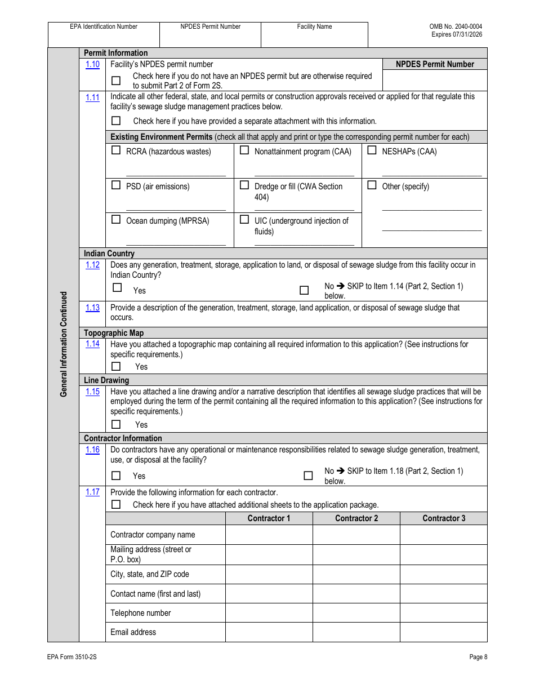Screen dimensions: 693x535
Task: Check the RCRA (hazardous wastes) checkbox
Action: [116, 150]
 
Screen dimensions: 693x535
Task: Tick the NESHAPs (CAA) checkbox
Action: [372, 150]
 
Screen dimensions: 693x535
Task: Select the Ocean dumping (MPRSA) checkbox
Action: [116, 220]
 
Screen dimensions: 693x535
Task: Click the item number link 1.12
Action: [92, 265]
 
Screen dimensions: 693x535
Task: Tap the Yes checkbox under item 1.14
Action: [116, 366]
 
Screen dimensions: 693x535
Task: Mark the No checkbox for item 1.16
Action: [308, 476]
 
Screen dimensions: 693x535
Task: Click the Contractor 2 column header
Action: [356, 518]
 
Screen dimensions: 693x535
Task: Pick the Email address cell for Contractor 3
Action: [443, 632]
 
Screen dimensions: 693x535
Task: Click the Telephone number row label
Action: [141, 613]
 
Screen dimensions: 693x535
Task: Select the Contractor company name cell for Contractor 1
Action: [269, 535]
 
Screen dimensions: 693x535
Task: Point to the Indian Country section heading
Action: [109, 254]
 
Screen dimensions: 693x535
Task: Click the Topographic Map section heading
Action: [114, 333]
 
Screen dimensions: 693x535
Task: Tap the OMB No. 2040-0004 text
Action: [456, 26]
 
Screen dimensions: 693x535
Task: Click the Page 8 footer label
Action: [478, 657]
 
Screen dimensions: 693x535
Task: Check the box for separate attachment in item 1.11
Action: [116, 121]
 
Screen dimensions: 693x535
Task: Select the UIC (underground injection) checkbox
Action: [244, 220]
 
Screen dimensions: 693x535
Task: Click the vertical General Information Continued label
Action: [64, 344]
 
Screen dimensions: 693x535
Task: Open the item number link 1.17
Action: [92, 492]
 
